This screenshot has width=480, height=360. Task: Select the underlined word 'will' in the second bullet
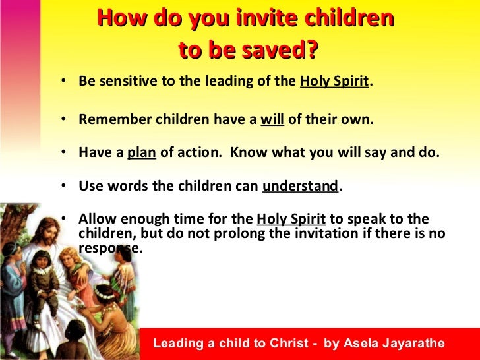[x=272, y=120]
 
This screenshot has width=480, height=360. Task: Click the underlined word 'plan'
[x=141, y=152]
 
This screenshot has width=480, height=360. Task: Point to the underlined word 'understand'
[x=300, y=185]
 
